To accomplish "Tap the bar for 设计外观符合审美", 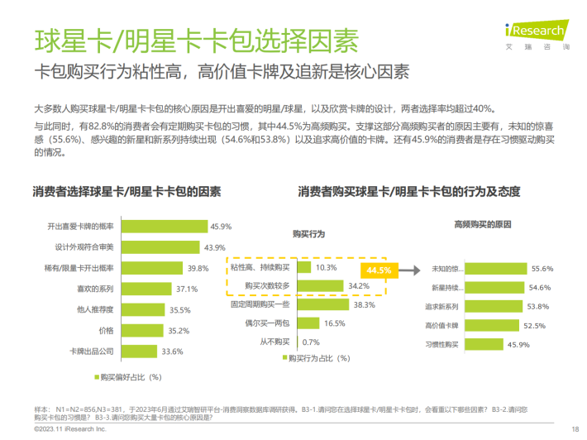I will (161, 247).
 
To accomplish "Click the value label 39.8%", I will (197, 268).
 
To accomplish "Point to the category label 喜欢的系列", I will (95, 289).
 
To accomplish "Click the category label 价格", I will (105, 330).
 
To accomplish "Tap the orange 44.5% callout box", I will (379, 270).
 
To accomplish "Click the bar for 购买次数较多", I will (318, 286).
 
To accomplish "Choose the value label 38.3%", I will (365, 304).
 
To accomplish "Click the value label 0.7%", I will (311, 342).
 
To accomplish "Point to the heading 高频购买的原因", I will (484, 224).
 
